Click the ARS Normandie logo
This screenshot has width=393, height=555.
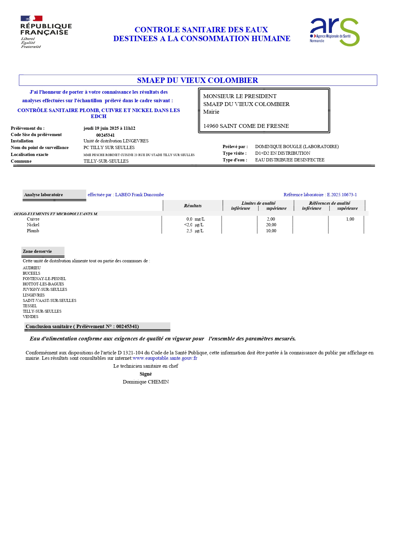tap(334, 32)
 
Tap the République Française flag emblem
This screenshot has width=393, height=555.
tap(31, 19)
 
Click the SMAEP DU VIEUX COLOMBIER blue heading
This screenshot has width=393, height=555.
tap(197, 80)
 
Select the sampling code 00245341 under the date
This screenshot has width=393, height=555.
tap(105, 135)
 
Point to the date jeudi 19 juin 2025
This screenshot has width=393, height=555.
tap(101, 128)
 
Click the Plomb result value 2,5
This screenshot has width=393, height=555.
tap(189, 231)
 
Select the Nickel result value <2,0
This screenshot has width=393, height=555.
tap(188, 225)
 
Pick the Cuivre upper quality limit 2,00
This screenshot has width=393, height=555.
tap(271, 219)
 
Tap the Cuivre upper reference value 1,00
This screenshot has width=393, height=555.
tap(350, 219)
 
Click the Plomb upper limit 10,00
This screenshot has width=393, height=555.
tap(271, 231)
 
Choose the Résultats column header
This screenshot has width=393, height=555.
tap(193, 206)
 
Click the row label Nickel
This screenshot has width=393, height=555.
tap(33, 225)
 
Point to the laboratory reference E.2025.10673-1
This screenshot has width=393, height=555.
tap(342, 195)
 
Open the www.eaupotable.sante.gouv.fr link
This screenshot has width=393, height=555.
tap(165, 359)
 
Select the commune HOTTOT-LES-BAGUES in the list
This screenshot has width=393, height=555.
tap(43, 284)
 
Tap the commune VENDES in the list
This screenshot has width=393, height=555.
tap(30, 317)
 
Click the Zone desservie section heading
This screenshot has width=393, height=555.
tap(37, 252)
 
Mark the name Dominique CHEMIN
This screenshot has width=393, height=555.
tap(146, 382)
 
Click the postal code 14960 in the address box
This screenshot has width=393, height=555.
tap(211, 126)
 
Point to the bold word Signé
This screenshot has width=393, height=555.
tap(146, 374)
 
